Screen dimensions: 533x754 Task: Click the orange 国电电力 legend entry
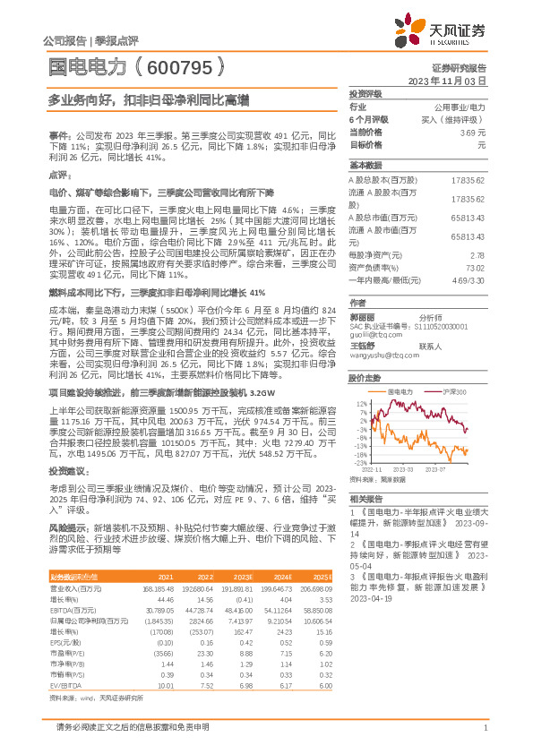[400, 392]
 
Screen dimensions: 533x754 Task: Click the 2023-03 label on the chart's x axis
[401, 467]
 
